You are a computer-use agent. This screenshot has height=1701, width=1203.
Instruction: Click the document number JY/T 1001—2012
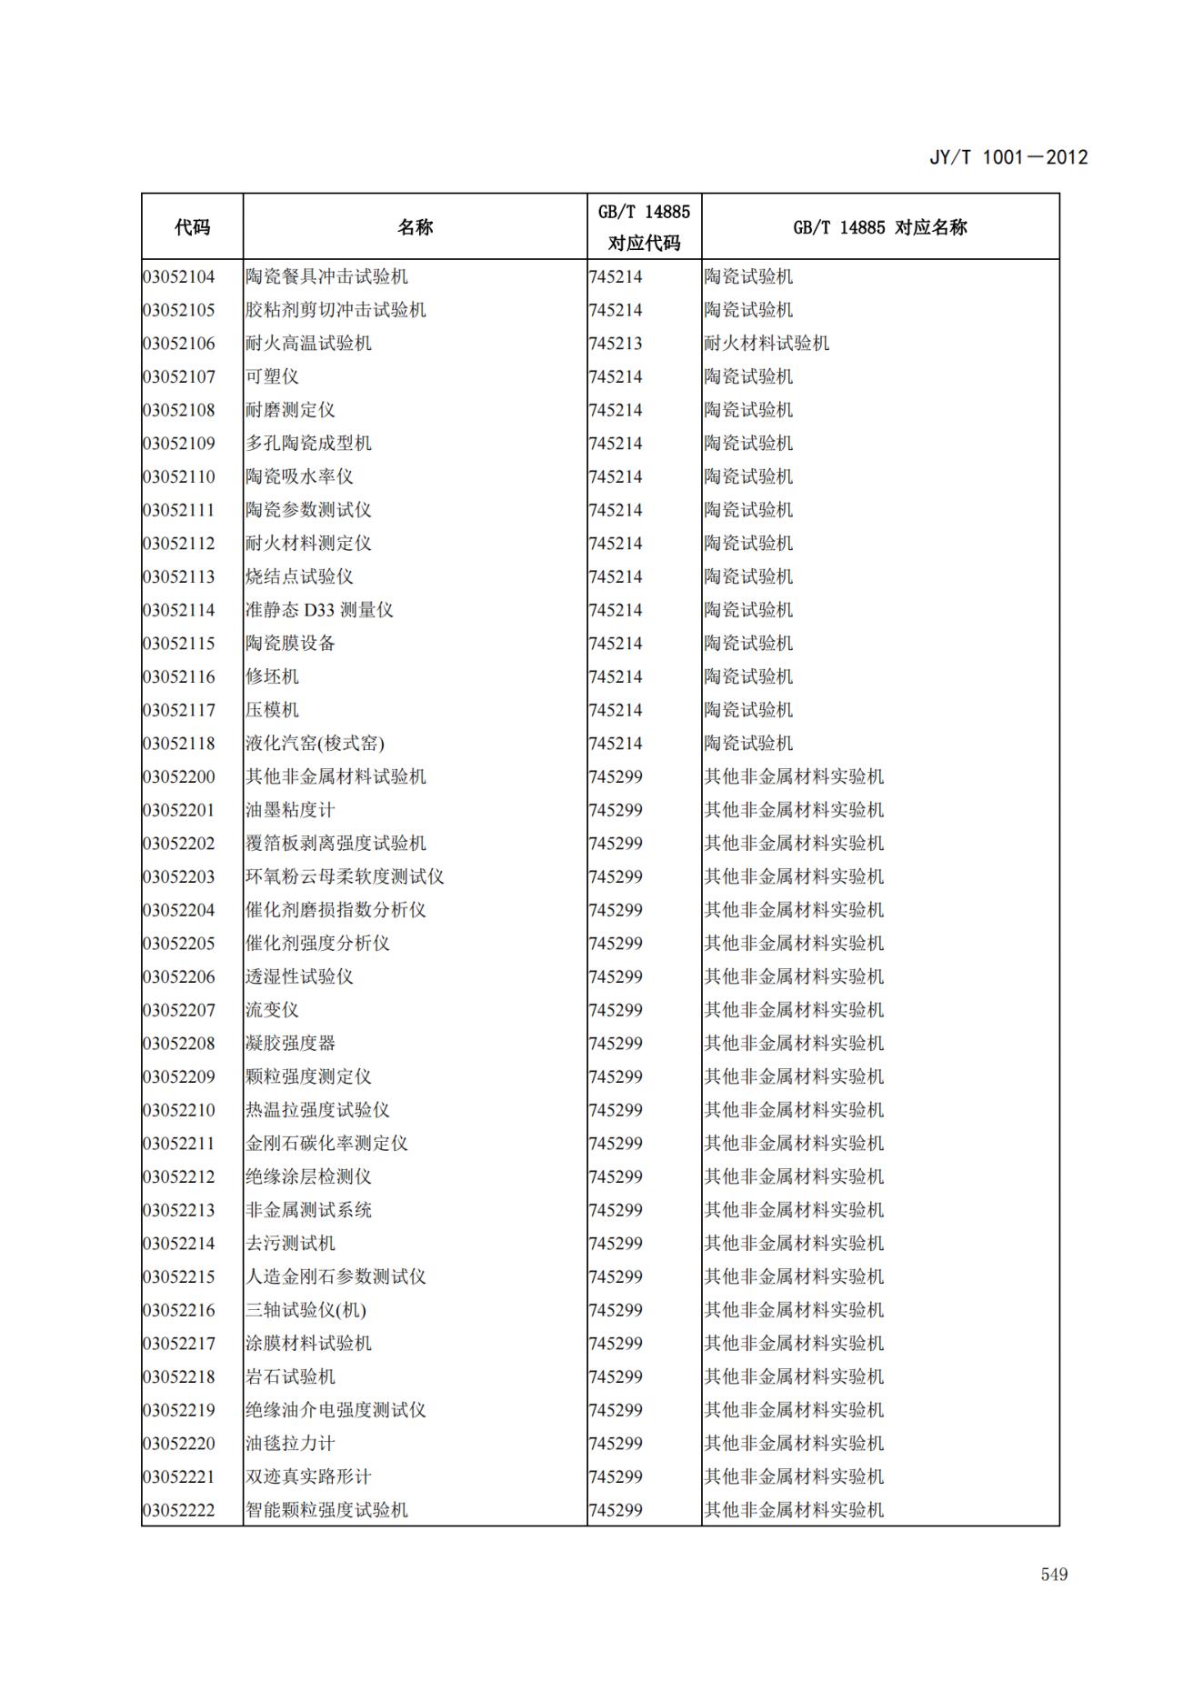click(x=1008, y=157)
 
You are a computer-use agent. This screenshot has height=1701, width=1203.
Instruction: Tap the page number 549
click(x=1054, y=1574)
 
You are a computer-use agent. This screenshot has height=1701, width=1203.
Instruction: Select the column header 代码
click(x=192, y=227)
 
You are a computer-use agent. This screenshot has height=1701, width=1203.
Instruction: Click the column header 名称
click(x=415, y=227)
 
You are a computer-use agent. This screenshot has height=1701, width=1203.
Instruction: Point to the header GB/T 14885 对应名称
click(x=879, y=227)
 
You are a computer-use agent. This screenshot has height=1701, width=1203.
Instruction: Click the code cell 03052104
click(x=179, y=277)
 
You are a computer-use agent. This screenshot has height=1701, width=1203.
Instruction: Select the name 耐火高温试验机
click(x=308, y=344)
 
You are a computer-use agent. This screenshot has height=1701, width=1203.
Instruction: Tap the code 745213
click(x=616, y=344)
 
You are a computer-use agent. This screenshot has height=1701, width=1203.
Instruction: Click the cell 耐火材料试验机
click(x=767, y=344)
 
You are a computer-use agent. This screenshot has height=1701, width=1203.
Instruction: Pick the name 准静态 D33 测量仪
click(x=319, y=610)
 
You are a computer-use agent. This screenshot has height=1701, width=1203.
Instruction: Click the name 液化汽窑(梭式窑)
click(x=315, y=744)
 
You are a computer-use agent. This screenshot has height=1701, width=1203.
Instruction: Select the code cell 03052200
click(x=179, y=777)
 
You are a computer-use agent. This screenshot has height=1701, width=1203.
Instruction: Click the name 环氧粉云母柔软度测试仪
click(x=345, y=877)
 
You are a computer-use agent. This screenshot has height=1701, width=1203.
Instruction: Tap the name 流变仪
click(x=272, y=1010)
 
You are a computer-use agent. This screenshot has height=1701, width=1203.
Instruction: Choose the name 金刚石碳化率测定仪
click(x=326, y=1144)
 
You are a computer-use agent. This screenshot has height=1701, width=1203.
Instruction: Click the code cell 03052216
click(x=179, y=1310)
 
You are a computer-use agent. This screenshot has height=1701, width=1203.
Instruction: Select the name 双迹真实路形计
click(x=308, y=1477)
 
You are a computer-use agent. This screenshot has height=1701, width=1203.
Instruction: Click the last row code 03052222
click(x=179, y=1510)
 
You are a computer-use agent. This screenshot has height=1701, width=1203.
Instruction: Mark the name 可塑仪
click(x=272, y=377)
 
